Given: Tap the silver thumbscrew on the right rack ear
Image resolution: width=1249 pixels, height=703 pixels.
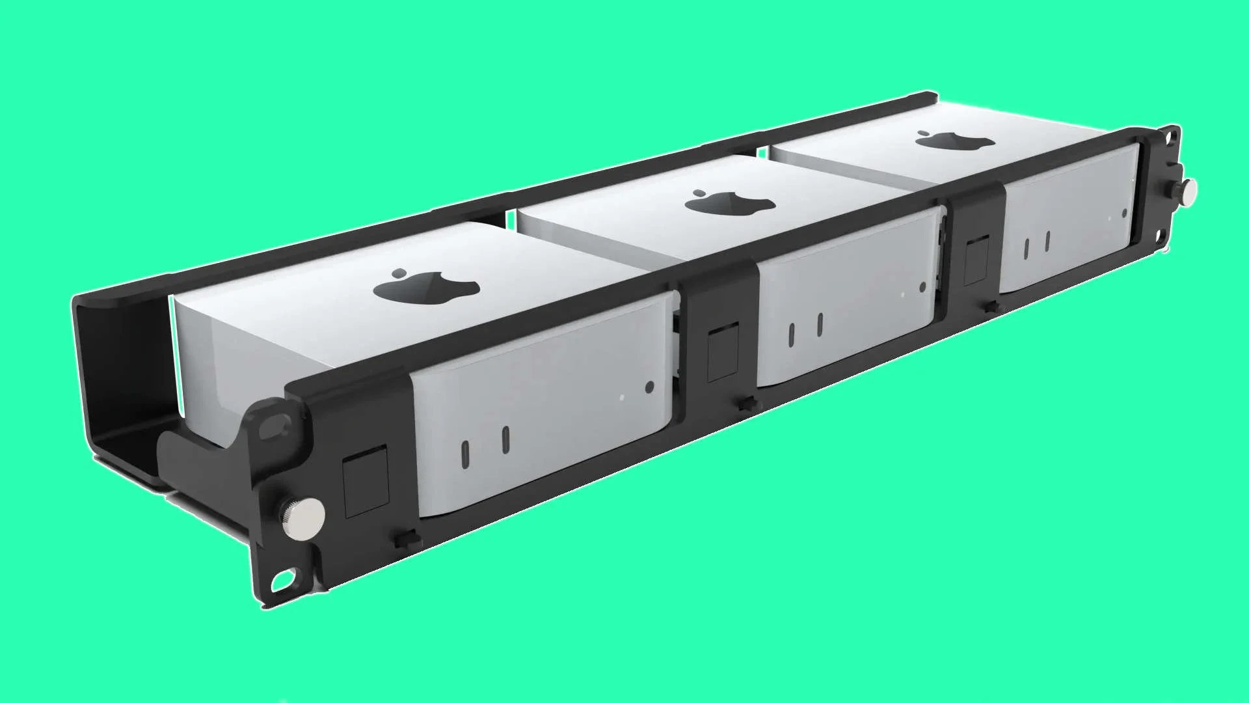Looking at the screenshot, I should coord(1185,189).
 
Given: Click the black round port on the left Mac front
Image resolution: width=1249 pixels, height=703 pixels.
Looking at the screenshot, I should coord(649,387).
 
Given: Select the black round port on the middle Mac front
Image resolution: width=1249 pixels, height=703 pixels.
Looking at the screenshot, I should coord(922,286).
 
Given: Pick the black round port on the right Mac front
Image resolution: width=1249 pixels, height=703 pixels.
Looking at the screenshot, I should coord(1124,212).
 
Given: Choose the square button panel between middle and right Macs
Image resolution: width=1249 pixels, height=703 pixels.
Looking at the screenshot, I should coord(976,262).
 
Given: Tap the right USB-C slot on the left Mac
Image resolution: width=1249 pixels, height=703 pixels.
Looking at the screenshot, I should coord(505,439).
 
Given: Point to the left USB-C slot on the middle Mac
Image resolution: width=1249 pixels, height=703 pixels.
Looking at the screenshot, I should coord(792,333).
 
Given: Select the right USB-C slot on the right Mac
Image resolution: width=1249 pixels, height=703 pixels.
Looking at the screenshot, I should coord(1047,241).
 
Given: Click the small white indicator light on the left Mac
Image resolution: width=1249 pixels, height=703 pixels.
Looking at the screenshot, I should coord(622,396).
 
